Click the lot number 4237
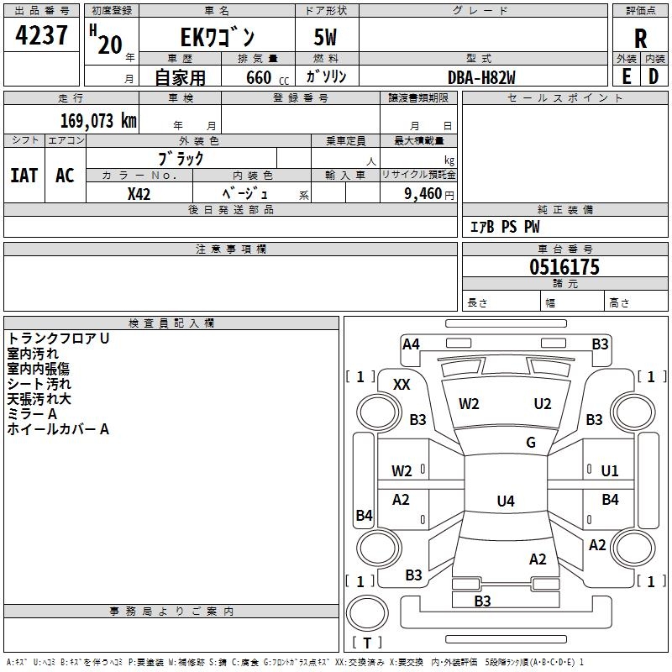click(41, 34)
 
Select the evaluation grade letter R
click(640, 39)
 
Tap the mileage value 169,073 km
click(98, 120)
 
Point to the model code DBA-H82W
click(481, 77)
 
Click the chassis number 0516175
click(564, 266)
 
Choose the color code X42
click(139, 194)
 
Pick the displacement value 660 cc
click(267, 77)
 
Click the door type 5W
click(325, 37)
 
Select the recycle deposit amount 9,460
click(423, 193)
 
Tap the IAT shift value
click(24, 176)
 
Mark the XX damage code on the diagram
click(402, 385)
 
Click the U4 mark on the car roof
click(506, 501)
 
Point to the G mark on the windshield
click(531, 443)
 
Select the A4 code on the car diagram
click(411, 344)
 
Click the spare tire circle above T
click(367, 612)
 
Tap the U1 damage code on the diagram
click(610, 471)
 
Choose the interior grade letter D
click(654, 76)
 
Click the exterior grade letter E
click(627, 76)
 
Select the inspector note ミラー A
click(32, 414)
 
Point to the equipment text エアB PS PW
click(505, 227)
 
